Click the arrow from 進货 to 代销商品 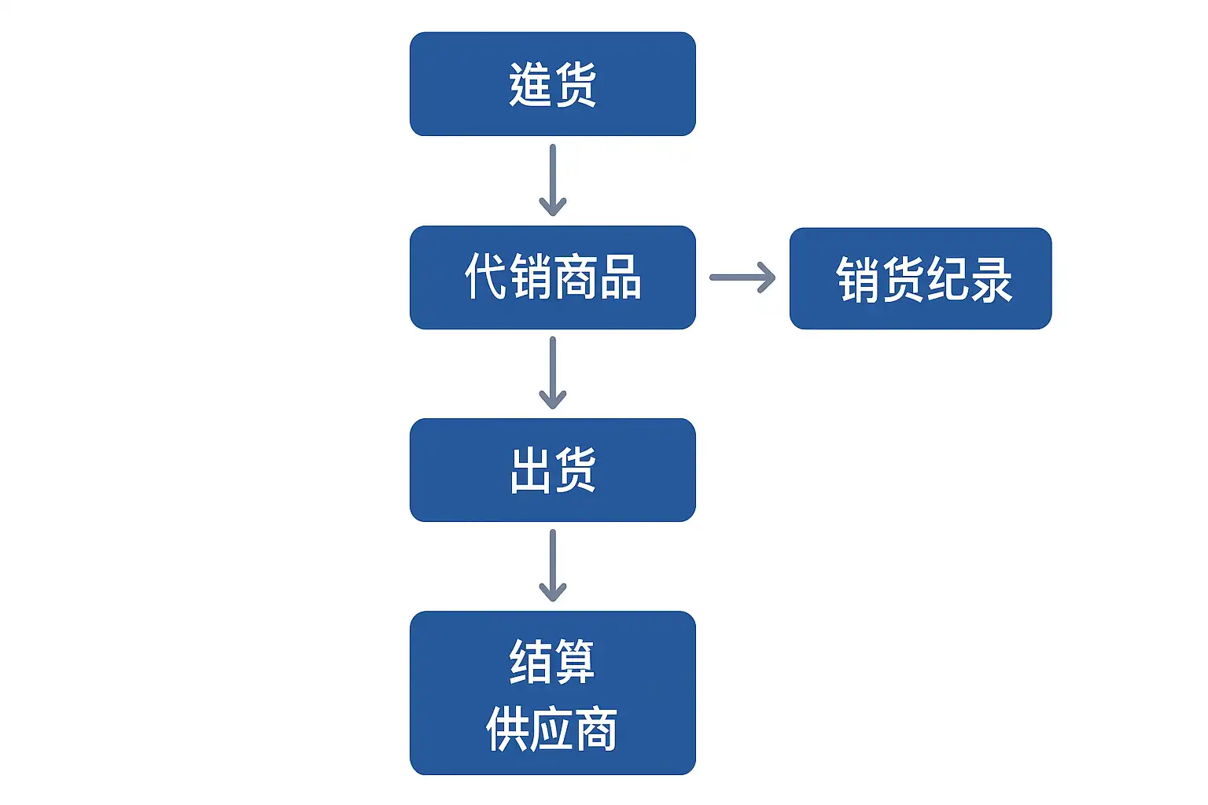[x=553, y=180]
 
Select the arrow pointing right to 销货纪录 [x=742, y=278]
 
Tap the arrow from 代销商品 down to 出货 [x=553, y=373]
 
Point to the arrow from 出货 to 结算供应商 [x=553, y=565]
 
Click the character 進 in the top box [x=531, y=84]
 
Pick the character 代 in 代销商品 [x=486, y=276]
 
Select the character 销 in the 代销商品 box [x=531, y=276]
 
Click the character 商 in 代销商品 [x=576, y=276]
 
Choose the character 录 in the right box [x=991, y=279]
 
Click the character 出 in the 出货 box [x=531, y=470]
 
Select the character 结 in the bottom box [x=531, y=662]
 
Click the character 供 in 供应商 [x=507, y=729]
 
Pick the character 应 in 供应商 [x=552, y=729]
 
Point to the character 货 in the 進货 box [x=576, y=84]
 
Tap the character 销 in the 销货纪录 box [x=858, y=279]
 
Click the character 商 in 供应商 [x=596, y=729]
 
